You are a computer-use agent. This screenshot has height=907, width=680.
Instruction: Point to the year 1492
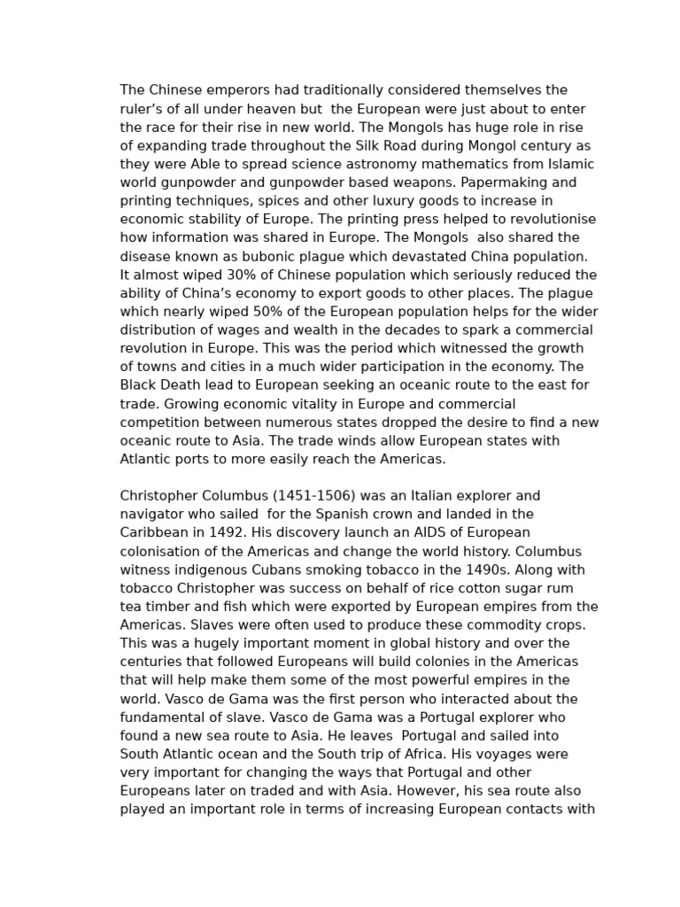226,532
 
